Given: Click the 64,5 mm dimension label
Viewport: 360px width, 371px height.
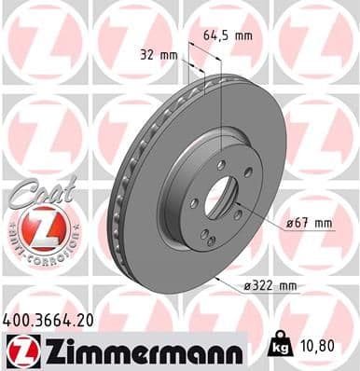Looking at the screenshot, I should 228,35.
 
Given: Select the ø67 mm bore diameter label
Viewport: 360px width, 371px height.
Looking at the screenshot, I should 309,223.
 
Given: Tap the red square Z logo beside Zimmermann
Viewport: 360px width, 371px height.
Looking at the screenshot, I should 18,351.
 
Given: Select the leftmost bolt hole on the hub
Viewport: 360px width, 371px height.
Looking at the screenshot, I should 192,202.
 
